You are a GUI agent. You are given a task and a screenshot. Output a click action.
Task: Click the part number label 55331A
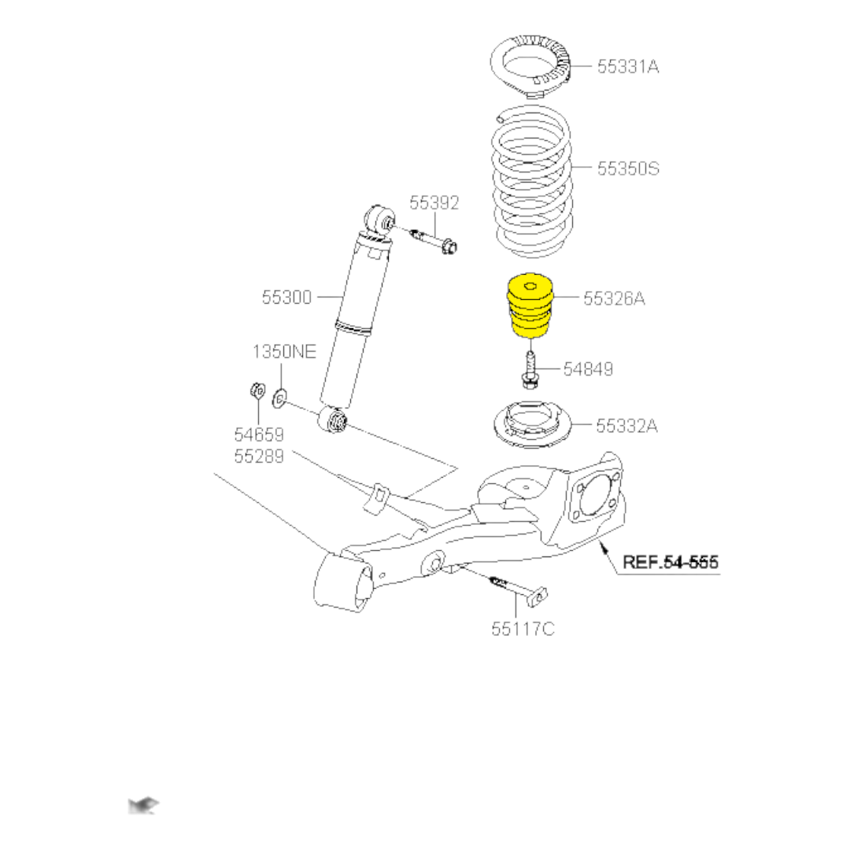(627, 67)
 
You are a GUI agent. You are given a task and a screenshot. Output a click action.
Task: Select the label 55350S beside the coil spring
(627, 168)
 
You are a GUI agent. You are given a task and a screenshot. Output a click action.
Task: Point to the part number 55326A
(614, 298)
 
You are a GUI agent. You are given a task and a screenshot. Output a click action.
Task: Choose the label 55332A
(626, 426)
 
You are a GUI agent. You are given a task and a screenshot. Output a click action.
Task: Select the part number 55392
(434, 204)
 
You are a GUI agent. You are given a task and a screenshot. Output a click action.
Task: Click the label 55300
(287, 297)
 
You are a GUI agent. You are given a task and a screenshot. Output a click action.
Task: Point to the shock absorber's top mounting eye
(380, 218)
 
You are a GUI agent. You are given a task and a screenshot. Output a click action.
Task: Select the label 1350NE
(284, 352)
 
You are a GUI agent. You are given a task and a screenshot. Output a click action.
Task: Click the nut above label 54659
(257, 390)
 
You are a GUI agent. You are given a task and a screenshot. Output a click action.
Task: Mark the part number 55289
(259, 455)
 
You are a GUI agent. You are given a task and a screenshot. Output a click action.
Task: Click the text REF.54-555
(671, 563)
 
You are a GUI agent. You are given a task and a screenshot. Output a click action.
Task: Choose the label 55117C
(523, 629)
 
